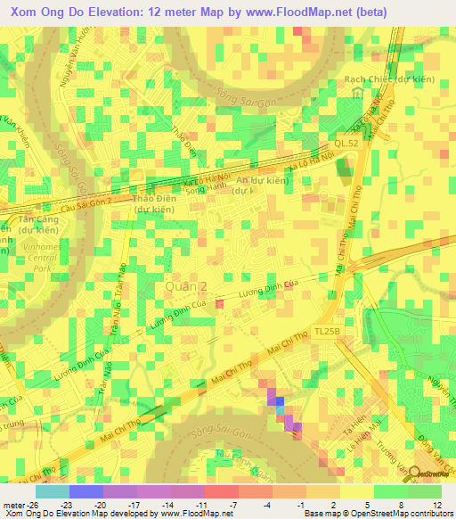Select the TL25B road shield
tap(326, 330)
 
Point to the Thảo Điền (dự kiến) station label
tap(153, 204)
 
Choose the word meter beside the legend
tap(12, 504)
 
